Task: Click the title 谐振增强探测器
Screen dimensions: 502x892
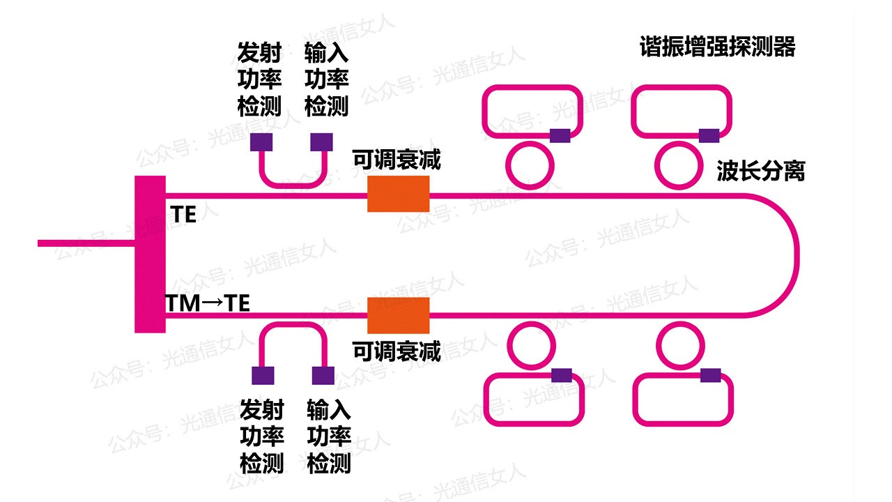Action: [717, 47]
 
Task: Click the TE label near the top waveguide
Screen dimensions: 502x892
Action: [184, 215]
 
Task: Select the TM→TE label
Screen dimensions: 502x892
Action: [207, 303]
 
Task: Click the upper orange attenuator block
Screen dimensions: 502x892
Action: [398, 194]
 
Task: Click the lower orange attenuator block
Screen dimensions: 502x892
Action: [398, 315]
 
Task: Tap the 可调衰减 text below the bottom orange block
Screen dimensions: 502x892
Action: [397, 352]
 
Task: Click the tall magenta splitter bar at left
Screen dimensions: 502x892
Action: [150, 254]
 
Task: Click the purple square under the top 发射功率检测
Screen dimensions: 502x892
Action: [261, 142]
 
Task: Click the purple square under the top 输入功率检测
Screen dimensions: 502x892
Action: [321, 142]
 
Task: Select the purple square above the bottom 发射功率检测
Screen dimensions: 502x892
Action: [263, 376]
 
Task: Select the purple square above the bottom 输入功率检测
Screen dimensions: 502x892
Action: [323, 376]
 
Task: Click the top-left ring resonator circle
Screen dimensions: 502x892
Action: [529, 165]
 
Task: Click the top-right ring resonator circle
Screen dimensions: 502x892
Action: [679, 165]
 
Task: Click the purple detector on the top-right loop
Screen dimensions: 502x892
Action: [709, 135]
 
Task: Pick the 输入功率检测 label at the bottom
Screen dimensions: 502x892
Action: [328, 436]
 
